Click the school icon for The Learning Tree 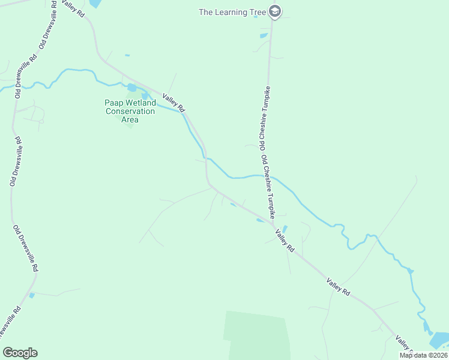tap(275, 11)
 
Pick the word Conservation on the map tap(130, 111)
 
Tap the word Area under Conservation tap(130, 119)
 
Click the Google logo tap(20, 353)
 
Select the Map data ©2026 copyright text tap(423, 355)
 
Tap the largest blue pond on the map tap(439, 341)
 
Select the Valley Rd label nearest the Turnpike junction tap(285, 241)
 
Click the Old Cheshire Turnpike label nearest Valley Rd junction tap(268, 187)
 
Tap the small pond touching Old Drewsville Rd tap(32, 295)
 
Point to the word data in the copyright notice tap(418, 355)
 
